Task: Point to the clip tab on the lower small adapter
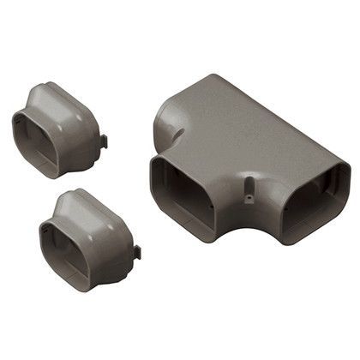click(x=135, y=252)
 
